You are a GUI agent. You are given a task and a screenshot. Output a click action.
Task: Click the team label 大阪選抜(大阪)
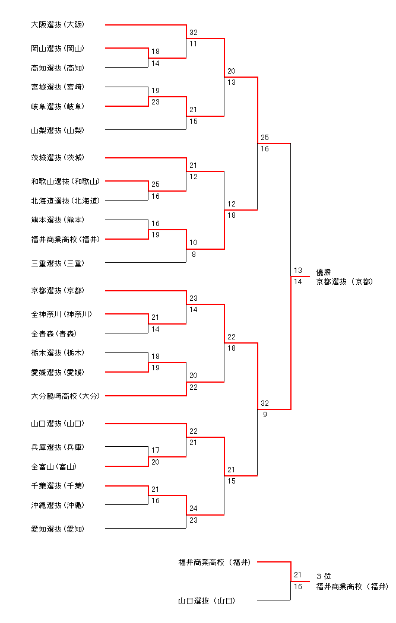coord(58,25)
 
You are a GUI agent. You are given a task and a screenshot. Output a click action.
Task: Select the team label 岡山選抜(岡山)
coord(58,49)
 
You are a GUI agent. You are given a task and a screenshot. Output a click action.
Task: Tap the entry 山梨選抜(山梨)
coord(58,130)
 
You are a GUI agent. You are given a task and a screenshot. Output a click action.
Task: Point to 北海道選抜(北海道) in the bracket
coord(65,201)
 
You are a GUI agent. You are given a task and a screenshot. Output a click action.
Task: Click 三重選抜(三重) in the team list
coord(58,263)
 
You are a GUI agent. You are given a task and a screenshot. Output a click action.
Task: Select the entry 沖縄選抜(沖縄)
coord(58,505)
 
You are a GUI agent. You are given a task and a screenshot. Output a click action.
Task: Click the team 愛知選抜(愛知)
coord(58,529)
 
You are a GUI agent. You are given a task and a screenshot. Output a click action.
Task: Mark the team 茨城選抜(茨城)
coord(58,158)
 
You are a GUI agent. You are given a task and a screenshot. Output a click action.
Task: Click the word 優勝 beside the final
coord(324,272)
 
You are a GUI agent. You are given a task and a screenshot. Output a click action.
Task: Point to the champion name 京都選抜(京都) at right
coord(344,282)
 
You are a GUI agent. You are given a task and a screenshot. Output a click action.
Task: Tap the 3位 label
coord(324,576)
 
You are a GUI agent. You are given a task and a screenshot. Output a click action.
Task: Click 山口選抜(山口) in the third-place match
coord(207,601)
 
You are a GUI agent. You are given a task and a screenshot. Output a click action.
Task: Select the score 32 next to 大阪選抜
coord(194,33)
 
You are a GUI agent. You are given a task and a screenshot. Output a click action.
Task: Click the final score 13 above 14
coord(297,271)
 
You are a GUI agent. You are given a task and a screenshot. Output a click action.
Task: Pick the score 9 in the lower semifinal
coord(264,415)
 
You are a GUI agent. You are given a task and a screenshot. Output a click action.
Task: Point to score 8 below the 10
coord(192,254)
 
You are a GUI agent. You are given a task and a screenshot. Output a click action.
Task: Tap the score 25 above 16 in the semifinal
coord(264,138)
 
